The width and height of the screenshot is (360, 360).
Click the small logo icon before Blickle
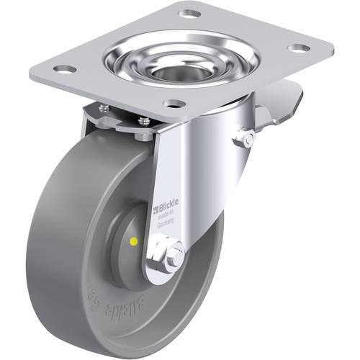pos(155,210)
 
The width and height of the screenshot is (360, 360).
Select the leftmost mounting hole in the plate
pos(63,70)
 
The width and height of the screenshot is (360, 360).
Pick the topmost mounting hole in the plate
pos(189,14)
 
